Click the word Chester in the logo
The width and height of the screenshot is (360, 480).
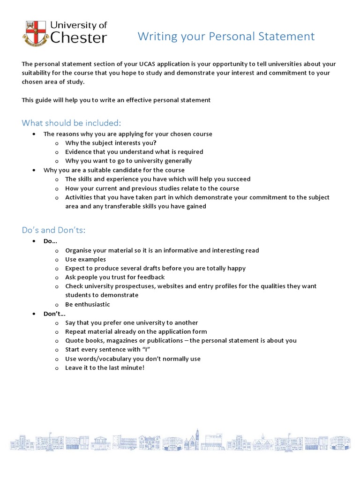78,38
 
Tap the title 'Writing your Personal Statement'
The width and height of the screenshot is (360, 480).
226,37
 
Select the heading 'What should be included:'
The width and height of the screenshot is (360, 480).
71,123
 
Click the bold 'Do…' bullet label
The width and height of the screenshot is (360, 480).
50,241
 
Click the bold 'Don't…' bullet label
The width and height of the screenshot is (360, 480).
53,314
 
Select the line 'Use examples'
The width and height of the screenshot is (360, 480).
85,260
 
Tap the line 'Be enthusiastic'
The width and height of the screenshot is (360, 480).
88,305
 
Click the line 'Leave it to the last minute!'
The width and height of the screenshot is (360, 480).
105,368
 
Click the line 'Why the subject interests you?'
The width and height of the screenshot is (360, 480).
111,143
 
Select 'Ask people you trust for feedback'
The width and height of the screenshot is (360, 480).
115,277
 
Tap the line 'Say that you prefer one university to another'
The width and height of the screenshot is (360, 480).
132,323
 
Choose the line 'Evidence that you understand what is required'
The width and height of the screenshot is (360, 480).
134,152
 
